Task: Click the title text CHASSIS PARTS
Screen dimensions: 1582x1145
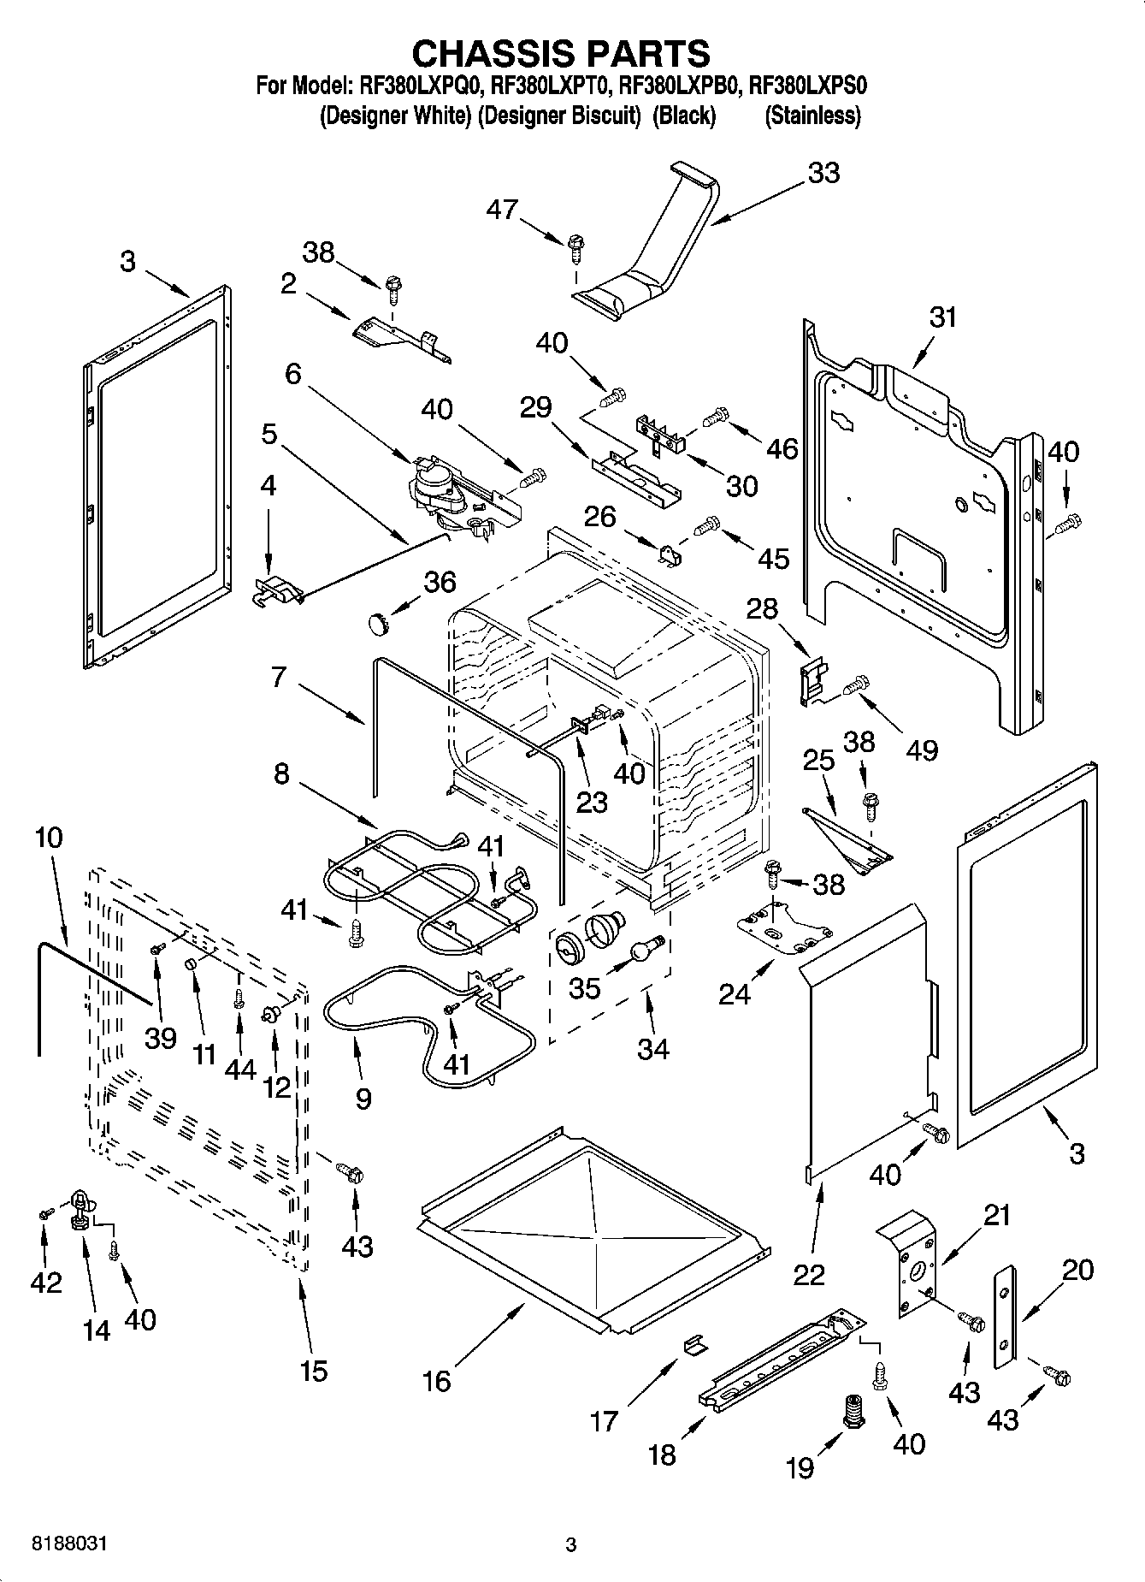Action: point(561,53)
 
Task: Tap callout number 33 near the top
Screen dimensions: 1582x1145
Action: point(823,173)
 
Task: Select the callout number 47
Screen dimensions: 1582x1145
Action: point(502,209)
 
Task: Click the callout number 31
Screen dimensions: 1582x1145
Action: point(942,317)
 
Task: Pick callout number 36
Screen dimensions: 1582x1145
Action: point(440,582)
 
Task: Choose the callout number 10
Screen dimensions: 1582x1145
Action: point(50,838)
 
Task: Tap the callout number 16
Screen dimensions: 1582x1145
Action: point(437,1380)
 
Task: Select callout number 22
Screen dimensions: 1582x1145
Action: point(809,1274)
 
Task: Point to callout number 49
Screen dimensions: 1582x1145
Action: point(922,750)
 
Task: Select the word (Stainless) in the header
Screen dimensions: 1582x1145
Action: point(812,116)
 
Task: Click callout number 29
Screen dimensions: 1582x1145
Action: point(536,406)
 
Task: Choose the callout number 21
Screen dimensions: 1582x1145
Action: point(996,1215)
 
